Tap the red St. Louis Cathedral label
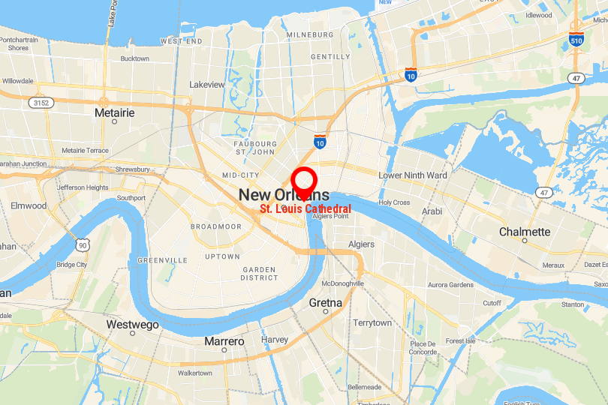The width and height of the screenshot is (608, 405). pyautogui.click(x=306, y=208)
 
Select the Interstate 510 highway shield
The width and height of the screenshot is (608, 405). pyautogui.click(x=576, y=40)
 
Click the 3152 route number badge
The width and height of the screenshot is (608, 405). pyautogui.click(x=41, y=101)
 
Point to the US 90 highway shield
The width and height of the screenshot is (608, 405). pyautogui.click(x=83, y=244)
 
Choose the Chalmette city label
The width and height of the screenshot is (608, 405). pyautogui.click(x=525, y=232)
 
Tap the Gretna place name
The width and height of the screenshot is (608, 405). pyautogui.click(x=326, y=302)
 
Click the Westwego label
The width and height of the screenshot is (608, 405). pyautogui.click(x=133, y=325)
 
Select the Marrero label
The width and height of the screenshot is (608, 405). pyautogui.click(x=224, y=341)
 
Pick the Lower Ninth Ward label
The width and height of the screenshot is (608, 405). pyautogui.click(x=413, y=175)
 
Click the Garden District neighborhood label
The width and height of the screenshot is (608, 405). pyautogui.click(x=260, y=273)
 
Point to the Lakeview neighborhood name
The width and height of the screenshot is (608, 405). pyautogui.click(x=206, y=85)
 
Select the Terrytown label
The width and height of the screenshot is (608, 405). pyautogui.click(x=372, y=322)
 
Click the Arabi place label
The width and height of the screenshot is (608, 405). pyautogui.click(x=432, y=211)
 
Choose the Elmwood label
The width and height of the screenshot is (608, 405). pyautogui.click(x=29, y=205)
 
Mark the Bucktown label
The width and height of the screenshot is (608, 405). pyautogui.click(x=134, y=58)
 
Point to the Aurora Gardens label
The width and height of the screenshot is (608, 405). pyautogui.click(x=450, y=285)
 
